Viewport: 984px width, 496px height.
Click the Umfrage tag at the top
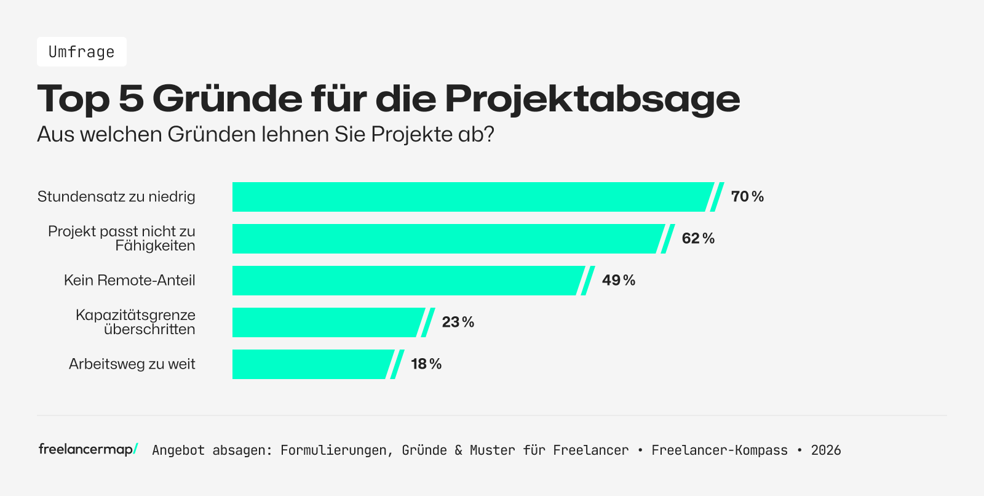pos(81,52)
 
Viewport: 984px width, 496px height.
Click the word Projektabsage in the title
pos(592,98)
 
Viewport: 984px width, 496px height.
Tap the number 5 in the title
pos(130,98)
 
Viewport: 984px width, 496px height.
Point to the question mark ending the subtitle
pos(489,134)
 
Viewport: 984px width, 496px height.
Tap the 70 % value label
pos(747,197)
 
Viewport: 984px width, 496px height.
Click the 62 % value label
pos(698,239)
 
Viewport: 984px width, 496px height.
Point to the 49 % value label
pos(618,281)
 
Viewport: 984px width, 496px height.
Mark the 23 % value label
pos(458,322)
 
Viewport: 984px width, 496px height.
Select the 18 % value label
pos(426,364)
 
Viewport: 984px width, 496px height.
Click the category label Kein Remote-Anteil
pos(129,281)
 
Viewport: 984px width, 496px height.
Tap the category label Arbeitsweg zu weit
pos(132,364)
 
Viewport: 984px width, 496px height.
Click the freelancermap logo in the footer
pos(88,449)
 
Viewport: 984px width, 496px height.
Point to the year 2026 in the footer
pos(825,450)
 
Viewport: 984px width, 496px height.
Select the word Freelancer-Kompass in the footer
pos(720,450)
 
